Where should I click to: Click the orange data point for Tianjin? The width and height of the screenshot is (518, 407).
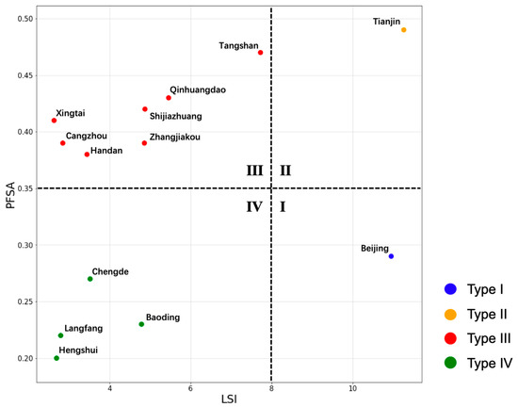coord(404,30)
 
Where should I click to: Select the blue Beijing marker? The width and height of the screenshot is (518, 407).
coord(392,256)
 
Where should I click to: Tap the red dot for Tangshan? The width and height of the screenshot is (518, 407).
coord(261,53)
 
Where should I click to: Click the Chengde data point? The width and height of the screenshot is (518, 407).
coord(90,279)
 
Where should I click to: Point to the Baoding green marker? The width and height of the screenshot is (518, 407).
coord(142,324)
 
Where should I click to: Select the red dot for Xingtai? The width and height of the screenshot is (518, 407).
coord(55,121)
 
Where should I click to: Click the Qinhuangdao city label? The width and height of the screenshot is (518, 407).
coord(198,90)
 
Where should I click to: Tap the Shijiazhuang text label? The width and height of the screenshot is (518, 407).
coord(175,117)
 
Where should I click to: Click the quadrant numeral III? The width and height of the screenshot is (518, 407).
coord(254,171)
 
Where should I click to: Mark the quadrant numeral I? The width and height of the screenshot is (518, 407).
coord(283,206)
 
